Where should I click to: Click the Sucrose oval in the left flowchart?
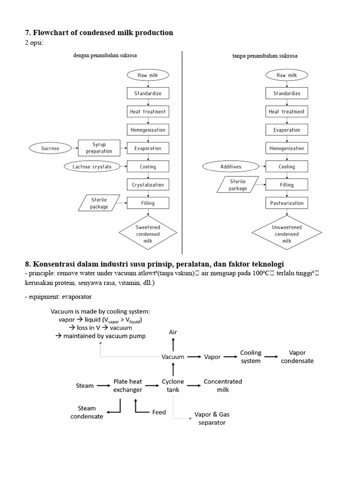coord(51,148)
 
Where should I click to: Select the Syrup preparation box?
coord(99,148)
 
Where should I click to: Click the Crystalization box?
coord(148,185)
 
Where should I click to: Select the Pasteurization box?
coord(287,203)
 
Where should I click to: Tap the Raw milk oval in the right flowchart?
coord(287,75)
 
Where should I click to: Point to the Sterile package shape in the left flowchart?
coord(99,203)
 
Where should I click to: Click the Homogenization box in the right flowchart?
coord(287,148)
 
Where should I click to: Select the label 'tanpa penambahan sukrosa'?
coord(265,56)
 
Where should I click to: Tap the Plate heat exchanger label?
coord(127,385)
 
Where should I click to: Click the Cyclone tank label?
coord(173,385)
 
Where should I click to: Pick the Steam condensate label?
coord(87,412)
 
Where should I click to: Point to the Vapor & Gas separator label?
coord(212,418)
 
